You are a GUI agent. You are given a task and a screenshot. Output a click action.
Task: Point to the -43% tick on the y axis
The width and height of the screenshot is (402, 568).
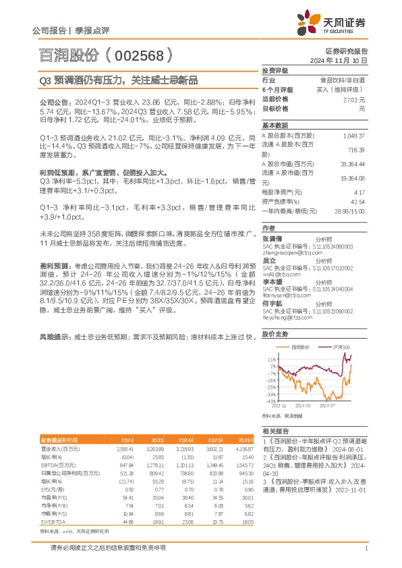[x=270, y=401]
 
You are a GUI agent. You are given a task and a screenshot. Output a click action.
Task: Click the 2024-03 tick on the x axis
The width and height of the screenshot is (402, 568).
[x=301, y=406]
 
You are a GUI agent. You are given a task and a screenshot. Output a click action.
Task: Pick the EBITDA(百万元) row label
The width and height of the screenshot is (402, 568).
[x=58, y=465]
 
